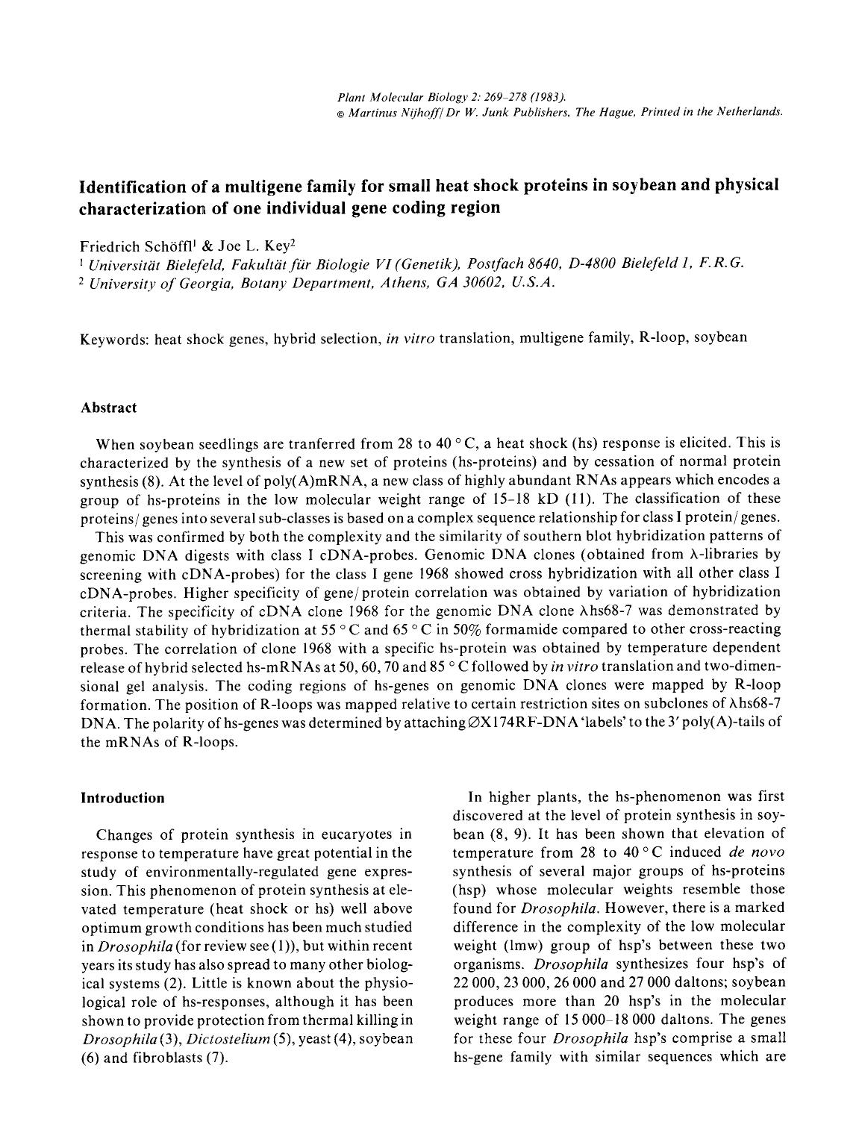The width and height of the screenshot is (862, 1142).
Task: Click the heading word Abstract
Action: tap(108, 408)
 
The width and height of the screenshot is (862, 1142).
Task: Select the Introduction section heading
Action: tap(122, 798)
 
